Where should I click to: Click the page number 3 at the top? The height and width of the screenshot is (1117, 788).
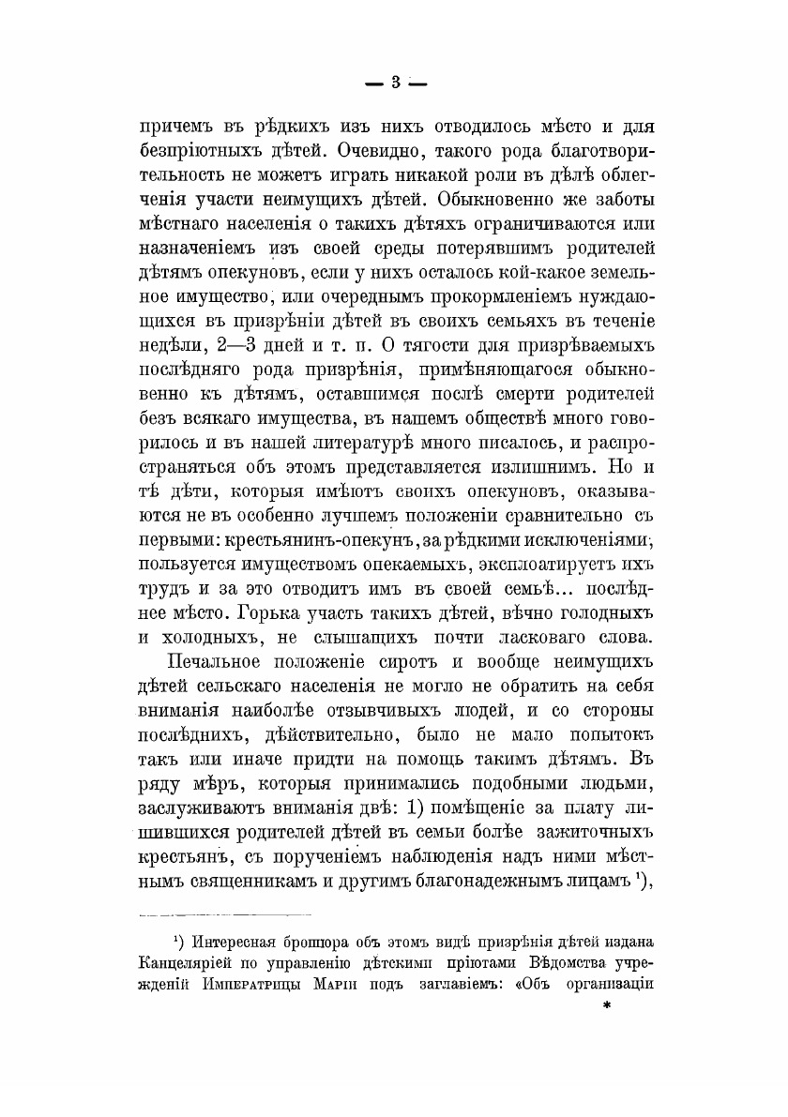(395, 83)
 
